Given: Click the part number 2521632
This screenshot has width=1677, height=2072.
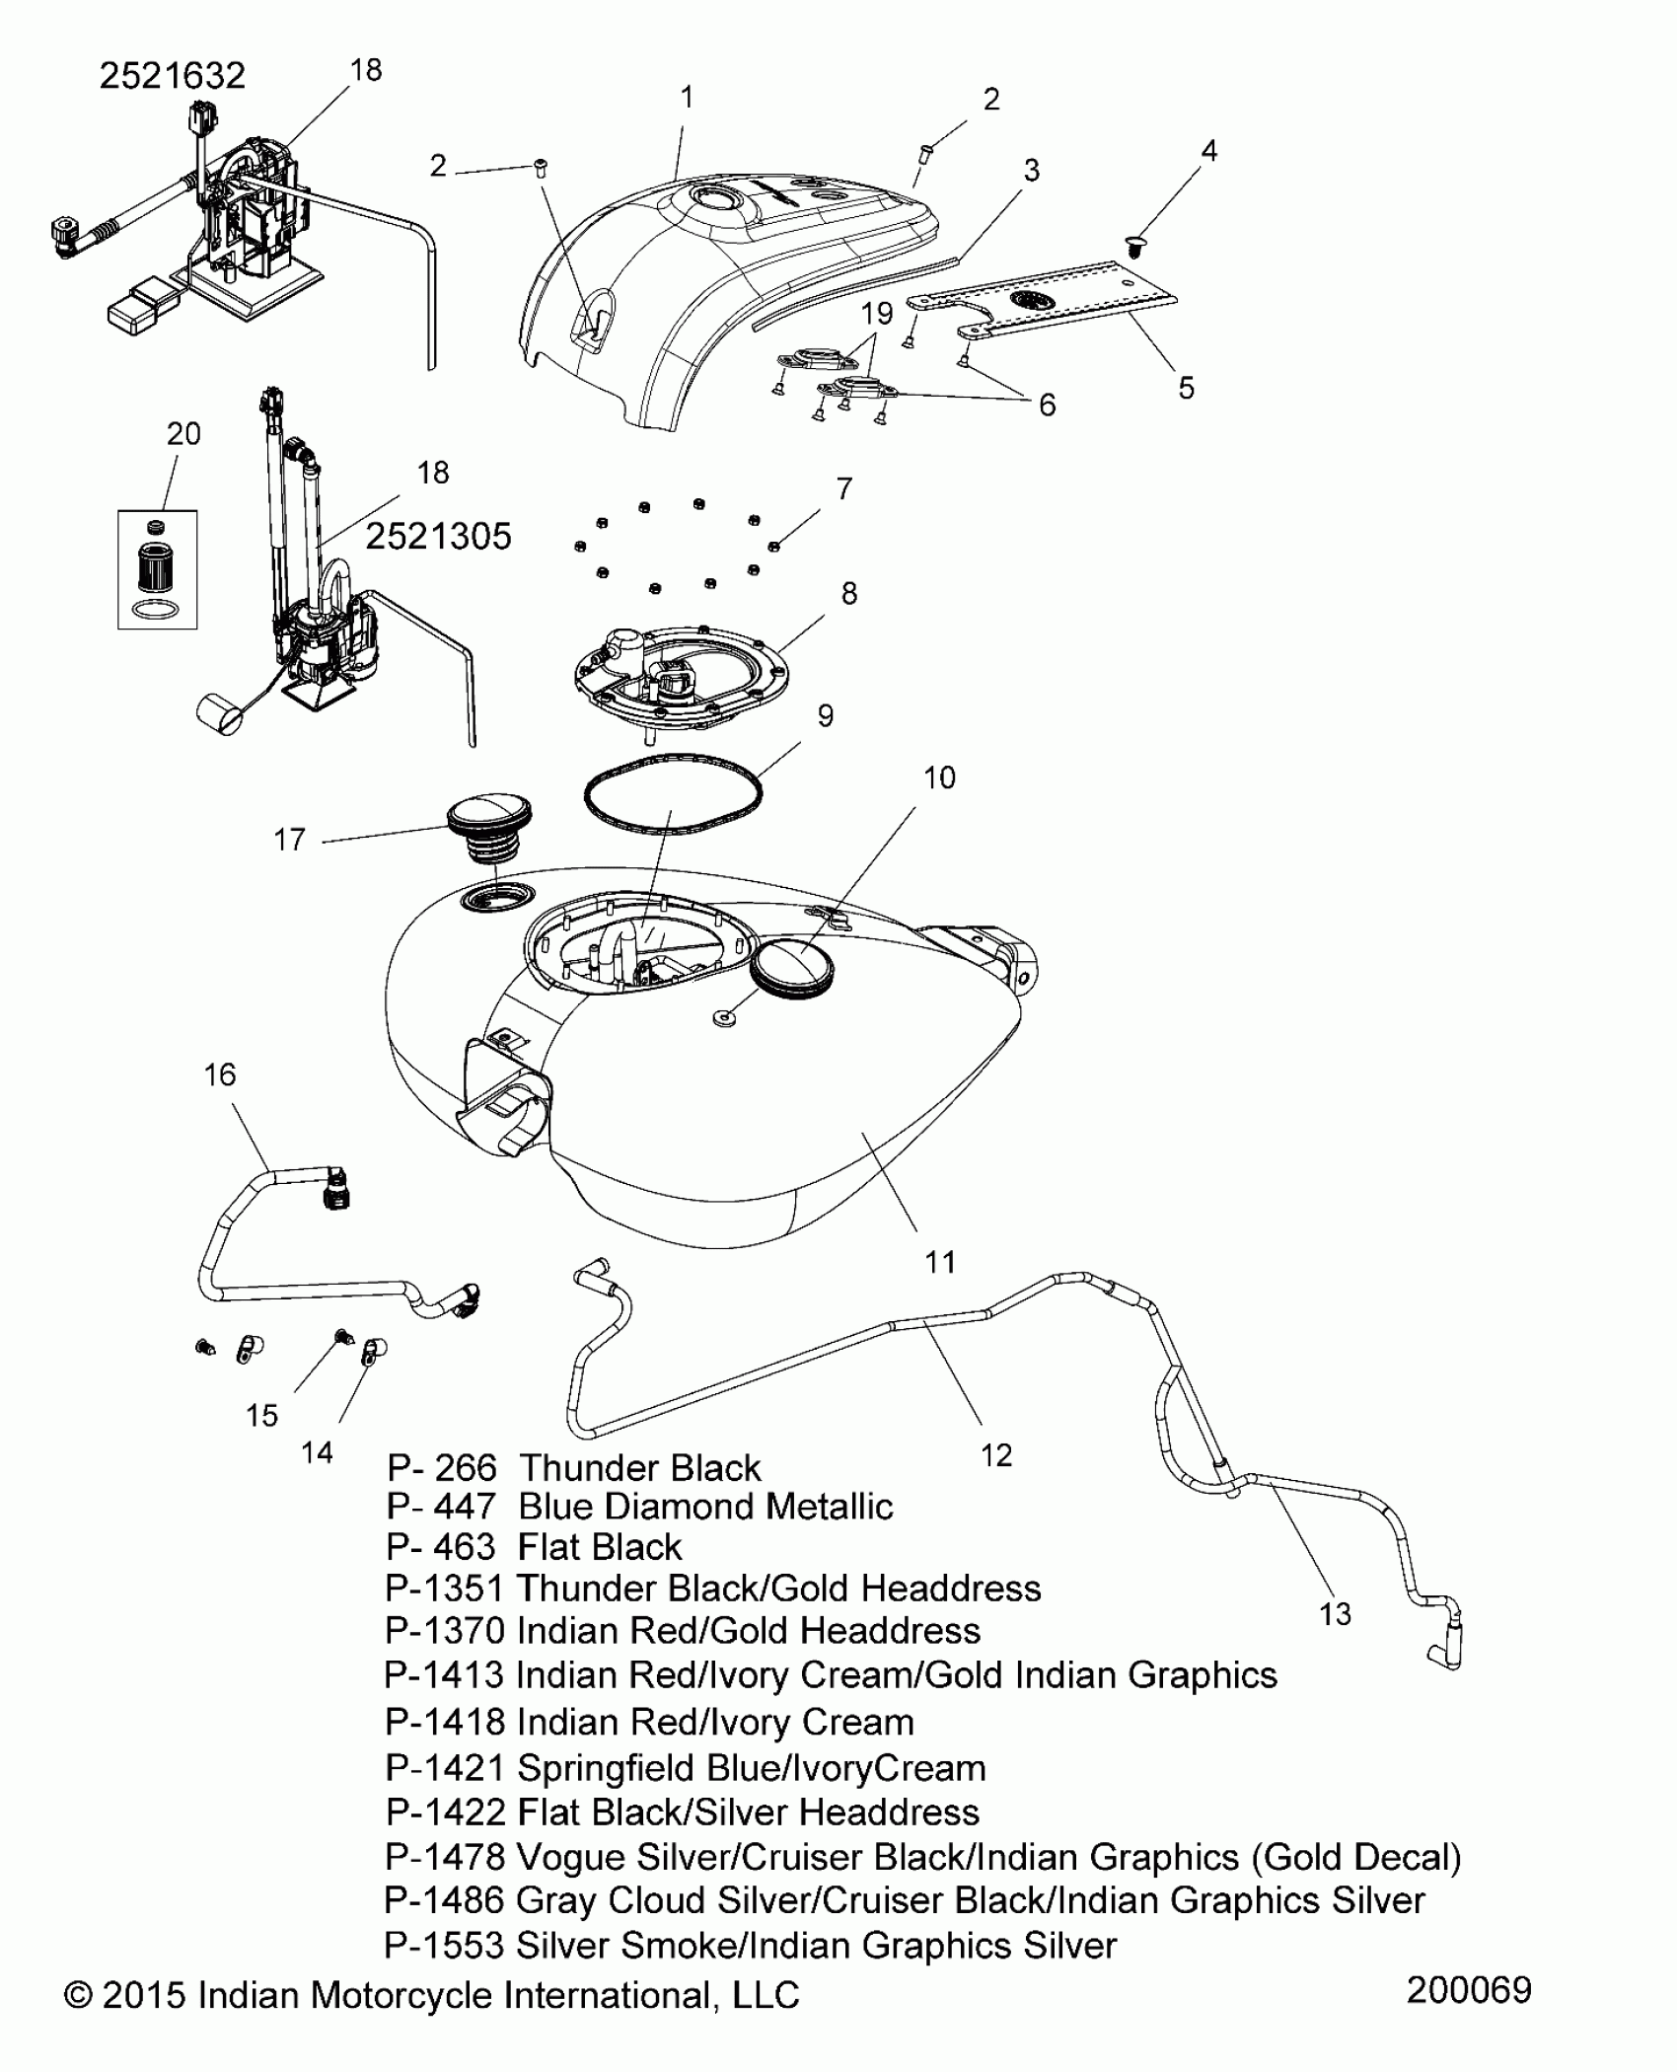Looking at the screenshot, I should coord(172,76).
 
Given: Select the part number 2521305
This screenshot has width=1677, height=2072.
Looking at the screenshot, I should coord(438,537).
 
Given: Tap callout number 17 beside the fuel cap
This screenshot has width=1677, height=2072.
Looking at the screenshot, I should coord(289,840).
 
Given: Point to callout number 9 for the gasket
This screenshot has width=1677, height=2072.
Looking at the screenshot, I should coord(826,716).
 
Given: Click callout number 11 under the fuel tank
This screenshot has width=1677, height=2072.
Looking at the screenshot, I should coord(940,1261).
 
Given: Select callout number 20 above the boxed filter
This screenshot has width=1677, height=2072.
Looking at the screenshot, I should coord(184,434).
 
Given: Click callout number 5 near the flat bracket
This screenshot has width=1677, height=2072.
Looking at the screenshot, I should coord(1186,388).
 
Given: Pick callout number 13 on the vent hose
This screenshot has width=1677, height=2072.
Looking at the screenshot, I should coord(1335,1615).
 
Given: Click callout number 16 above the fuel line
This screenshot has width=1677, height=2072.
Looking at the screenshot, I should coord(220,1074).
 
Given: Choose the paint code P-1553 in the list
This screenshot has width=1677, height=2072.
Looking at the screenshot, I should coord(444,1946).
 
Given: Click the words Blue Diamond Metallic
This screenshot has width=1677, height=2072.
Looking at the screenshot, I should coord(705,1507).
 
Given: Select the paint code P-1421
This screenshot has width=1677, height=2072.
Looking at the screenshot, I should coord(444,1768).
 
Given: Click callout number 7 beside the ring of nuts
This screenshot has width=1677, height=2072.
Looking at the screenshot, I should coord(844,488).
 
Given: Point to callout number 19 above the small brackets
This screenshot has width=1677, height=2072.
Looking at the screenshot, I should coord(876,314).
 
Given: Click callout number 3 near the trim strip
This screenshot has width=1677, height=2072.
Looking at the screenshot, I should coord(1031,171).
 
